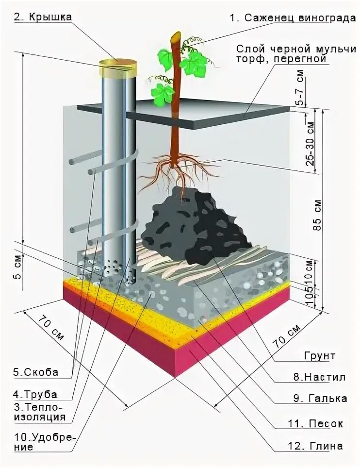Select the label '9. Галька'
(320, 398)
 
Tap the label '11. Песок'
(318, 424)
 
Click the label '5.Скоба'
(36, 372)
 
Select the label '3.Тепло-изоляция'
(38, 411)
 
